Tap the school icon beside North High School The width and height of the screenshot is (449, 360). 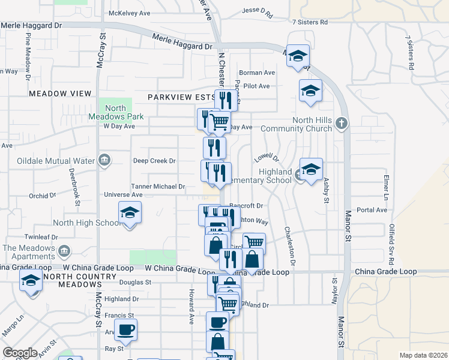point(130,212)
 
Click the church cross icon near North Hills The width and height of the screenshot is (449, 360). point(341,124)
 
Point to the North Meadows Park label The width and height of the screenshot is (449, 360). point(115,112)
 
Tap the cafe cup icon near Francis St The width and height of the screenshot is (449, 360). point(126,329)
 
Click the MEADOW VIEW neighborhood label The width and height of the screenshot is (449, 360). point(61,94)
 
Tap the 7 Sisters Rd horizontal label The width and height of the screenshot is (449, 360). point(310,22)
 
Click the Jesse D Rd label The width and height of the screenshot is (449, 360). point(257,11)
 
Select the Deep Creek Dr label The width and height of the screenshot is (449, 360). point(154,161)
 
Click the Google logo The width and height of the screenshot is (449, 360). point(20,353)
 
